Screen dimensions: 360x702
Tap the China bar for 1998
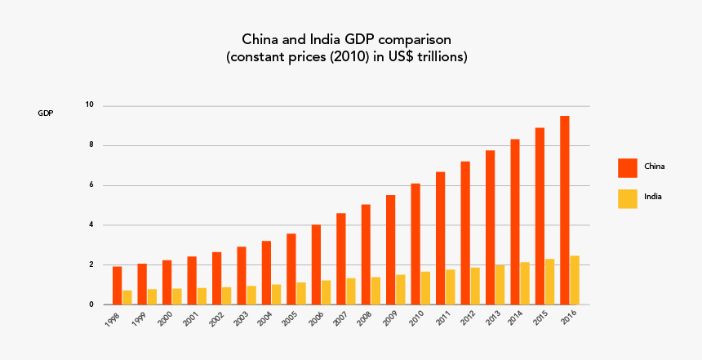pyautogui.click(x=117, y=286)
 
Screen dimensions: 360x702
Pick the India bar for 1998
pyautogui.click(x=127, y=297)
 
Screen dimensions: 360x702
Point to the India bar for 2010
pyautogui.click(x=425, y=288)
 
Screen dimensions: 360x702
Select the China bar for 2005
pyautogui.click(x=291, y=269)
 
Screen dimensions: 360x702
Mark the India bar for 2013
pyautogui.click(x=500, y=285)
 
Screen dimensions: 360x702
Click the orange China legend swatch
pyautogui.click(x=627, y=167)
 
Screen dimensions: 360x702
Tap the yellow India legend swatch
pyautogui.click(x=627, y=198)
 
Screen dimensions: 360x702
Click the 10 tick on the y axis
pyautogui.click(x=90, y=105)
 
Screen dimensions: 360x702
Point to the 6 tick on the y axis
pyautogui.click(x=92, y=185)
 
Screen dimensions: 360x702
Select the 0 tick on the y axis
pyautogui.click(x=92, y=304)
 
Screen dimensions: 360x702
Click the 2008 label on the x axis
pyautogui.click(x=363, y=318)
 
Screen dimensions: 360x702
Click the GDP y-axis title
pyautogui.click(x=46, y=113)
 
